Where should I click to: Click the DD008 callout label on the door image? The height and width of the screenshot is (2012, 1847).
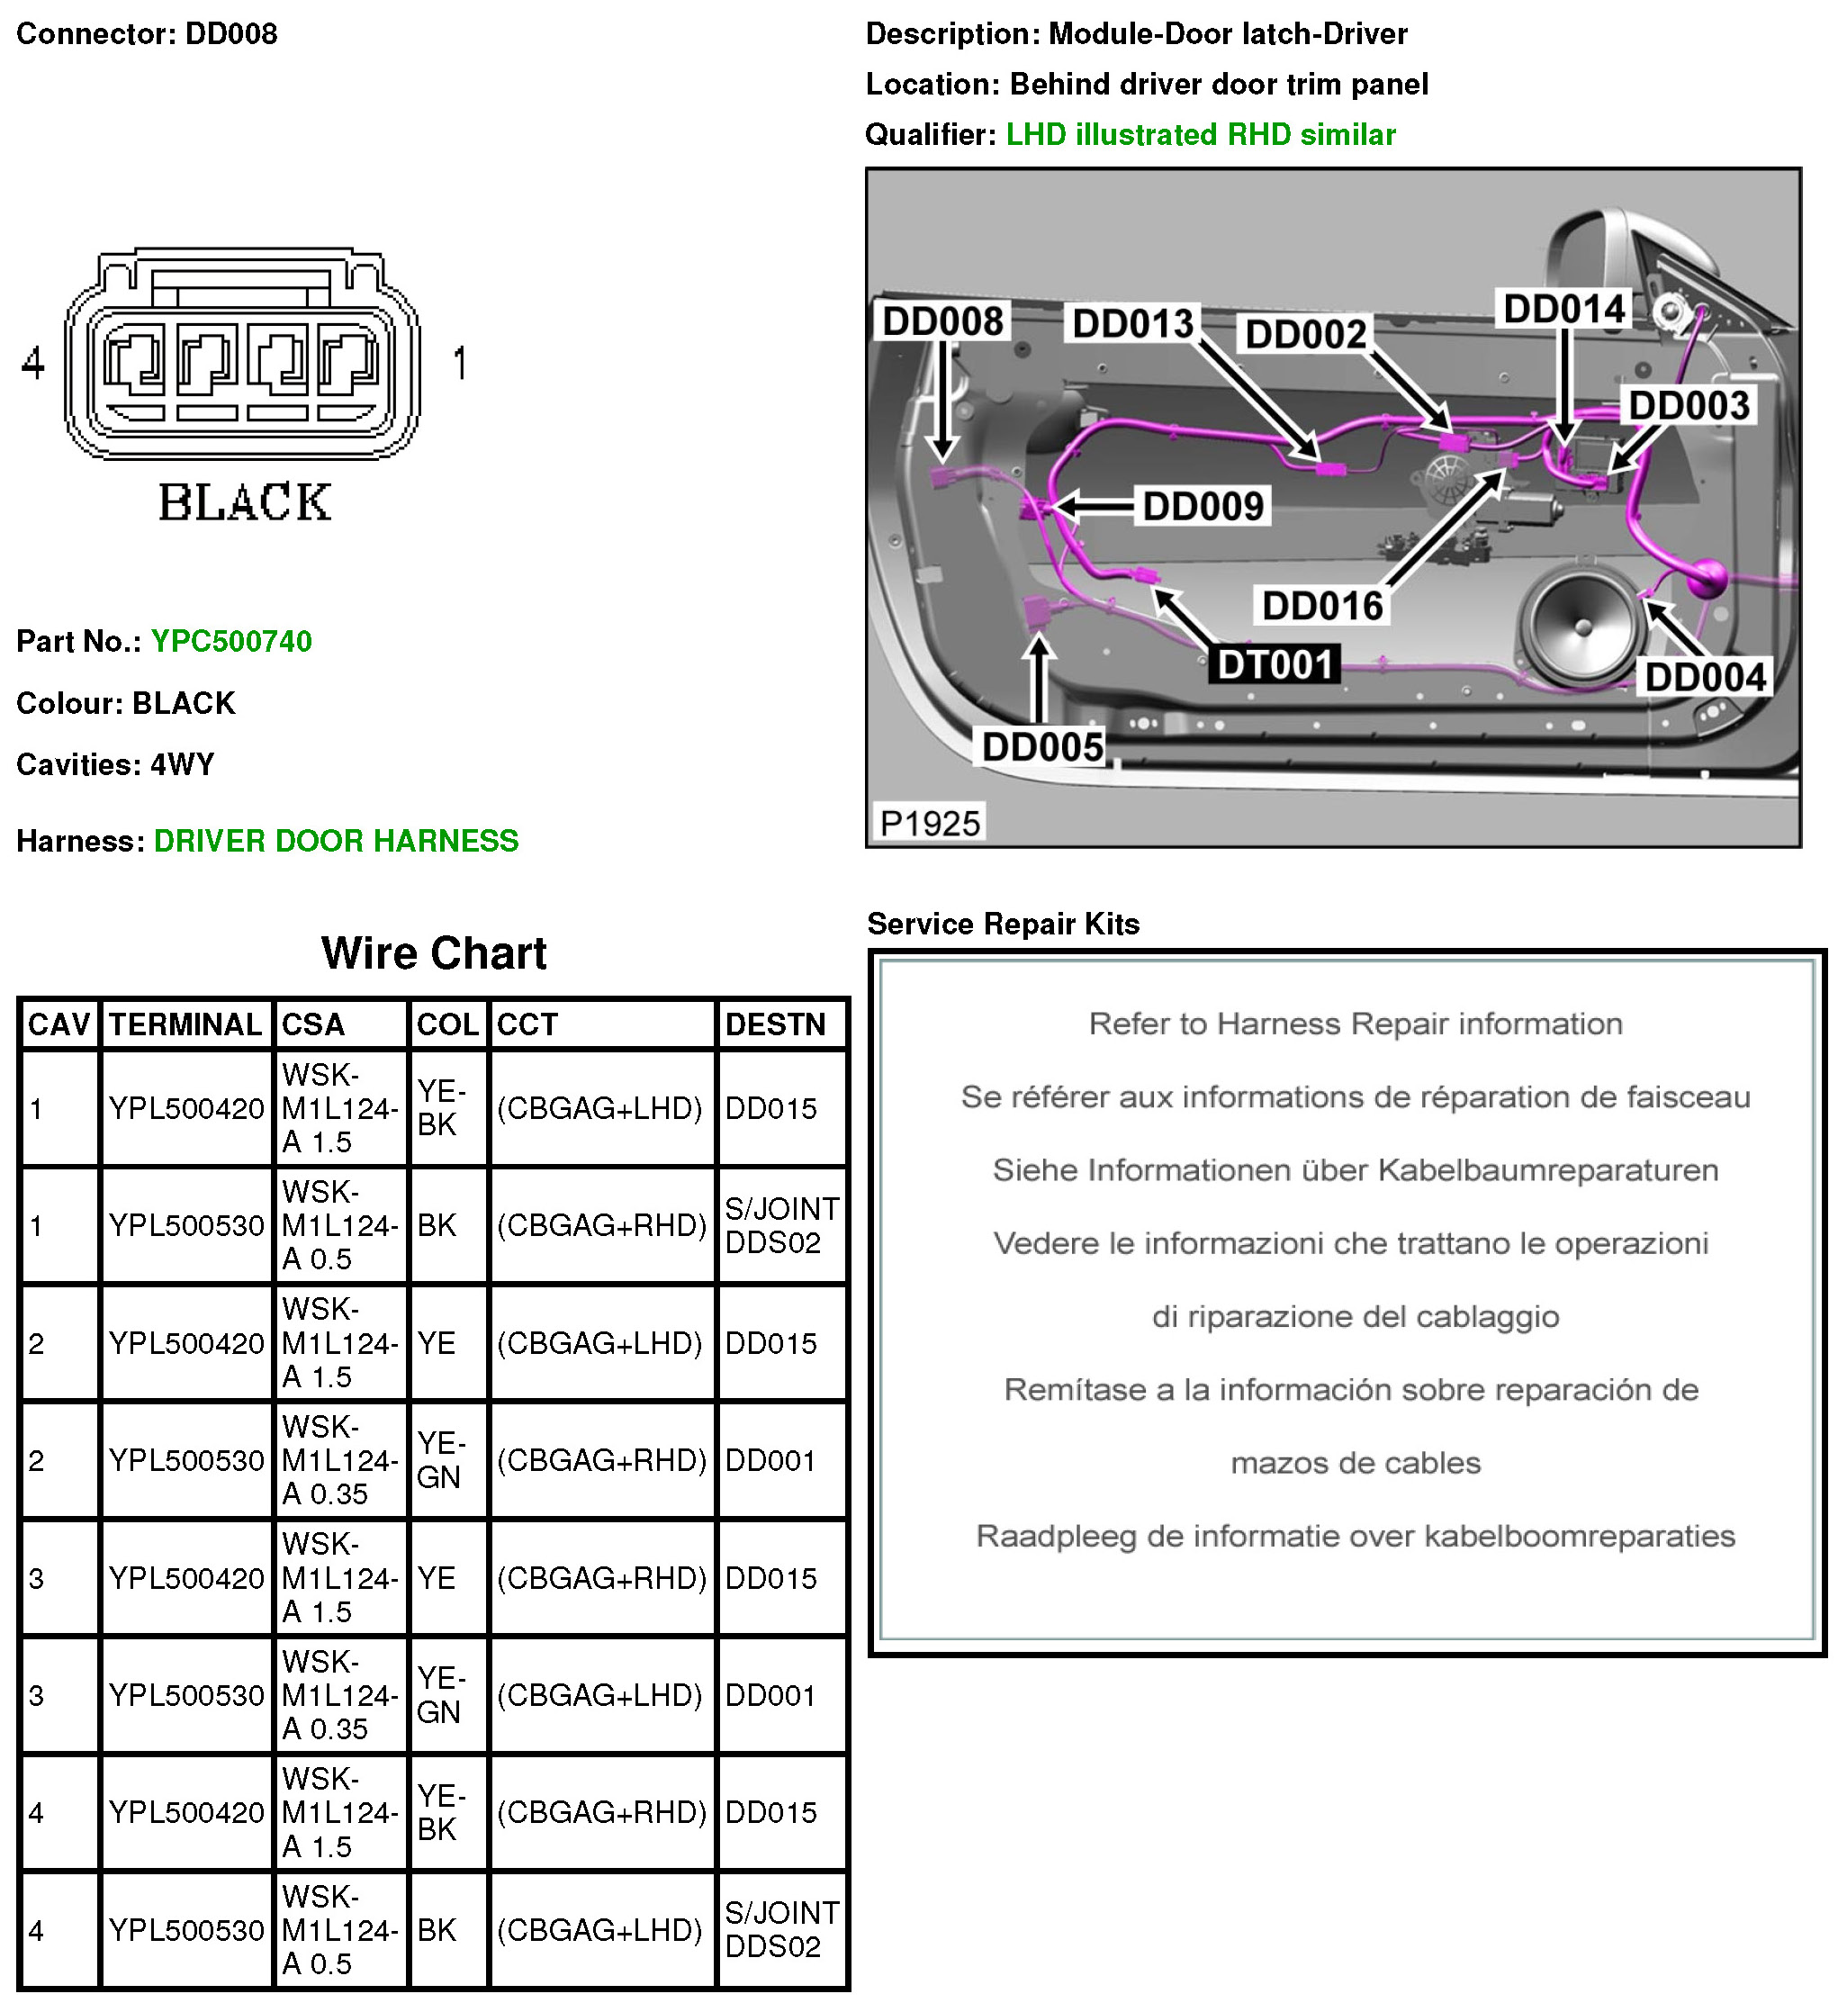point(942,322)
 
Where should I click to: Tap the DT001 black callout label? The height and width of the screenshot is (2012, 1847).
point(1275,664)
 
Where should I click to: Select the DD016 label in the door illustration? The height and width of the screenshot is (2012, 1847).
point(1322,606)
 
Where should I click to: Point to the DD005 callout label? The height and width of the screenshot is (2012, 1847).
point(1042,746)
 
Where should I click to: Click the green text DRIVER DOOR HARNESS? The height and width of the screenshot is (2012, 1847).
point(336,842)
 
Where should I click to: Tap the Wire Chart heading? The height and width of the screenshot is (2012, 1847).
point(433,953)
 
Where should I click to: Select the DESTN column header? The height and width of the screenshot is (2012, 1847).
point(776,1024)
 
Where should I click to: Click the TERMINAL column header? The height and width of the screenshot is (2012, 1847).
point(185,1024)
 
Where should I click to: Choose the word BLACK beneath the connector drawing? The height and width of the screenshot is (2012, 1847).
point(245,502)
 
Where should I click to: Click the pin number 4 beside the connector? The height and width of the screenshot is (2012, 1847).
point(33,363)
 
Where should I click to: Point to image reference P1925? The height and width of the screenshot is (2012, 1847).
point(930,824)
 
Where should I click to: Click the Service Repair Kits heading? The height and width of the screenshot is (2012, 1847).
point(1003,925)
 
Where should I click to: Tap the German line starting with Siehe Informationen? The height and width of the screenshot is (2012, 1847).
point(1355,1170)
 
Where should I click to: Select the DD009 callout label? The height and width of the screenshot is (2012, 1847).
point(1203,507)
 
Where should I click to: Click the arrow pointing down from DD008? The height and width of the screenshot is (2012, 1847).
point(942,400)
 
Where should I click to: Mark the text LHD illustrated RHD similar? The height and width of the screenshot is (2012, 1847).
point(1201,135)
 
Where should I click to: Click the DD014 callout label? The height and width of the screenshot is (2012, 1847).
point(1564,309)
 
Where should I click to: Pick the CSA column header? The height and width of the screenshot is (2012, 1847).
point(313,1024)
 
